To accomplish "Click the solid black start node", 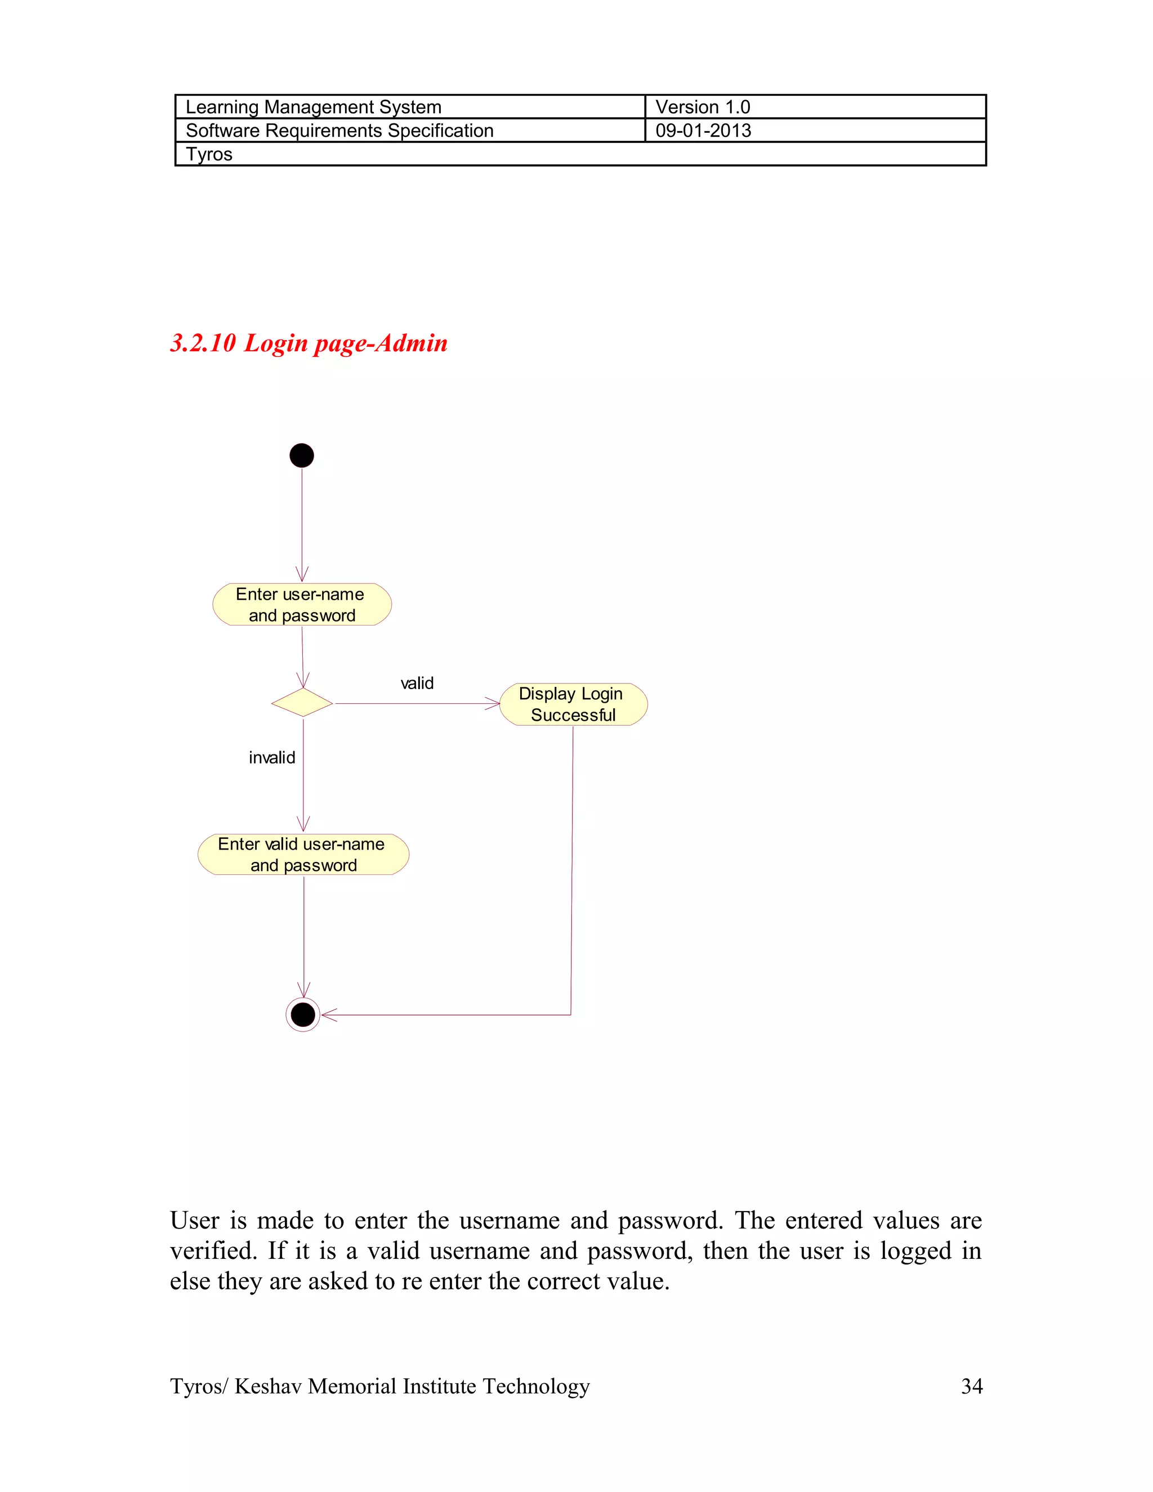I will pyautogui.click(x=301, y=455).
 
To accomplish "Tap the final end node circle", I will pyautogui.click(x=302, y=1015).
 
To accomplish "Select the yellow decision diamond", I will pyautogui.click(x=302, y=702).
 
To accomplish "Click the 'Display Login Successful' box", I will pyautogui.click(x=573, y=704).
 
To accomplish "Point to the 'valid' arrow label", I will pyautogui.click(x=417, y=683).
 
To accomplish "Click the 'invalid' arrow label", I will pyautogui.click(x=272, y=758).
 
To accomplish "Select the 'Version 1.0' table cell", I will pyautogui.click(x=703, y=107).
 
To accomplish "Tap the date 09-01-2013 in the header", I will pyautogui.click(x=703, y=131).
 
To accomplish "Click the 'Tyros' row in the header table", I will pyautogui.click(x=209, y=154).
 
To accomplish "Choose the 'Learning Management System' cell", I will pyautogui.click(x=314, y=107).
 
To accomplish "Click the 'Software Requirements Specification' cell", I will pyautogui.click(x=339, y=131).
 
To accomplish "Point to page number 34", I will pyautogui.click(x=971, y=1386).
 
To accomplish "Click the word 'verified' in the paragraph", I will pyautogui.click(x=212, y=1251).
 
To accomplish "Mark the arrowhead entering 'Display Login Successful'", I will pyautogui.click(x=494, y=704).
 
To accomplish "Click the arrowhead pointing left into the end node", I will pyautogui.click(x=328, y=1015).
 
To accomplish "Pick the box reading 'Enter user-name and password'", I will pyautogui.click(x=302, y=605).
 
